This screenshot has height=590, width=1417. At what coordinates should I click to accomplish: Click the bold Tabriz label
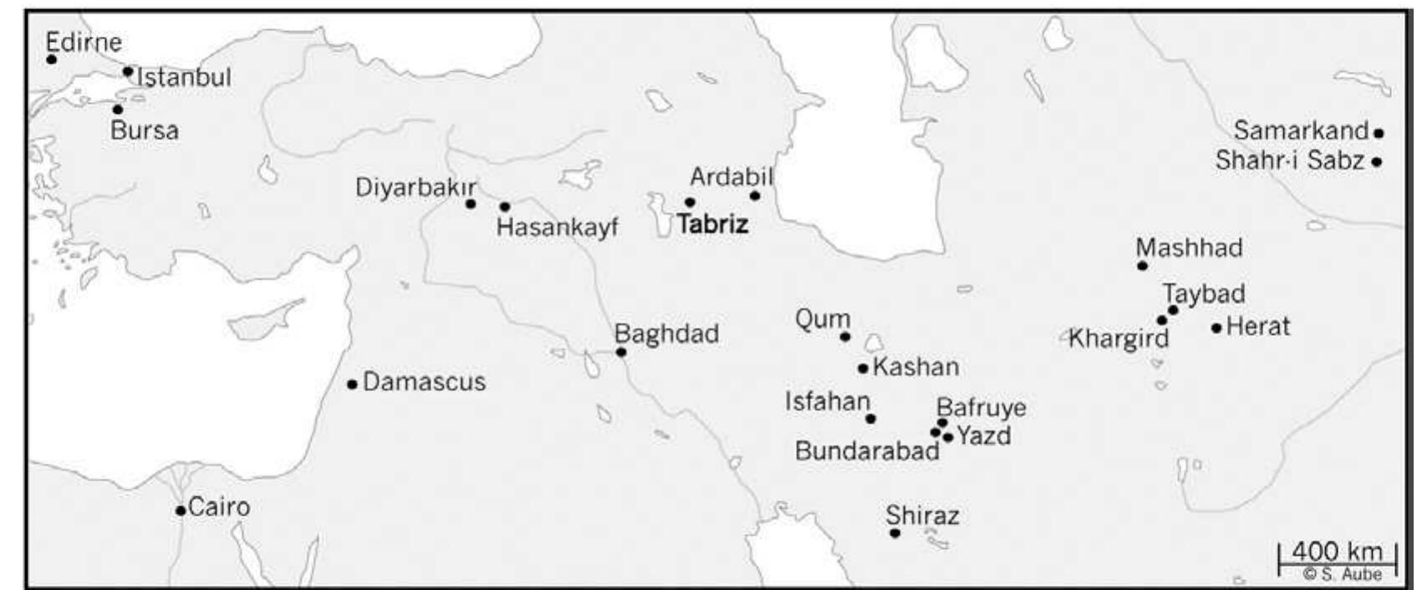tap(712, 225)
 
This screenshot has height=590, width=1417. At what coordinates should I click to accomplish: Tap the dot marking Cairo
tap(181, 510)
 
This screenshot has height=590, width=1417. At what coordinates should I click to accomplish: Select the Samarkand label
tap(1301, 131)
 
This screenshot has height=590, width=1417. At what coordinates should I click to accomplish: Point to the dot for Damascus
tap(352, 384)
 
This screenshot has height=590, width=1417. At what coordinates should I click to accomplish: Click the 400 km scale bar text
tap(1338, 552)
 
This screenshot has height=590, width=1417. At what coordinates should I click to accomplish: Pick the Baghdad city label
tap(666, 334)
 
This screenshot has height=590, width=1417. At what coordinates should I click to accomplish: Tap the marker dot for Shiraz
tap(895, 532)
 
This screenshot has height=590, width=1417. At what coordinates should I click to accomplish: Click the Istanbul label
tap(184, 78)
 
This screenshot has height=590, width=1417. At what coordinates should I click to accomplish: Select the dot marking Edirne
tap(52, 59)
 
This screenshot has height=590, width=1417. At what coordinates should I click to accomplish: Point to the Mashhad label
tap(1189, 248)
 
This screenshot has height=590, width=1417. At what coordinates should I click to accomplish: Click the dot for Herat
tap(1216, 328)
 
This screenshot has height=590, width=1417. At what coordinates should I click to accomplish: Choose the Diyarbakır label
tap(415, 187)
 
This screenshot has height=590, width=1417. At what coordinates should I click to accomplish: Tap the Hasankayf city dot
tap(505, 206)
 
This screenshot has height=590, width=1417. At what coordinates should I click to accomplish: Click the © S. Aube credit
tap(1342, 574)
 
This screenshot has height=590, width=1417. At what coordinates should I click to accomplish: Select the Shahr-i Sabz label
tap(1289, 160)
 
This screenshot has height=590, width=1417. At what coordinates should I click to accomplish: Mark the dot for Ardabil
tap(755, 196)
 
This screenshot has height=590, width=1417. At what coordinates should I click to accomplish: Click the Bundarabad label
tap(867, 451)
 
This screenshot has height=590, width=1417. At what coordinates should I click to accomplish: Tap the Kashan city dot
tap(863, 368)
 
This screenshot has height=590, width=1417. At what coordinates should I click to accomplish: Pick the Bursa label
tap(145, 130)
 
